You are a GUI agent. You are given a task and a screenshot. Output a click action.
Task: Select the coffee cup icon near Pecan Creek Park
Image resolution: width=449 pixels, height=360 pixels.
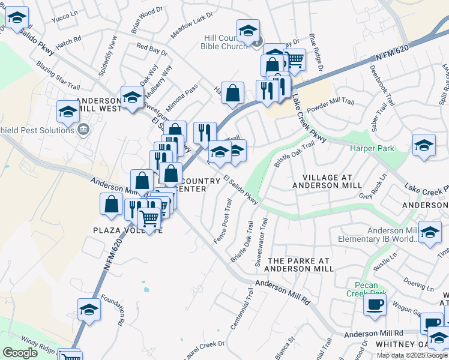point(375,304)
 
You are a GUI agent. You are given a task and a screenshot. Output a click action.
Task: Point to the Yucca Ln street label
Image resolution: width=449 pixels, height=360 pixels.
point(65,16)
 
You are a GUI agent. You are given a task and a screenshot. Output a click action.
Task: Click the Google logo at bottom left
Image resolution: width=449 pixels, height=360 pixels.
point(20,353)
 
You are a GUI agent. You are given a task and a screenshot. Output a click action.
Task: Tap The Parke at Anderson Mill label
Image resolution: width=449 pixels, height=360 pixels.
point(300,265)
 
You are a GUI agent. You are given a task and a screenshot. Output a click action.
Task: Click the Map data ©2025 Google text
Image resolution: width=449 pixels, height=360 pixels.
point(412,355)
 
